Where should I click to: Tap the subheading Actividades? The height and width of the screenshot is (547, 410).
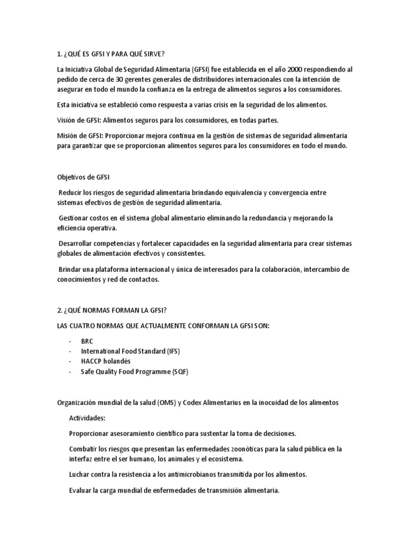pyautogui.click(x=88, y=418)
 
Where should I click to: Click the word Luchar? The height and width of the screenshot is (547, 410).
pyautogui.click(x=81, y=474)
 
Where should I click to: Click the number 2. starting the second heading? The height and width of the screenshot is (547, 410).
pyautogui.click(x=60, y=310)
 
